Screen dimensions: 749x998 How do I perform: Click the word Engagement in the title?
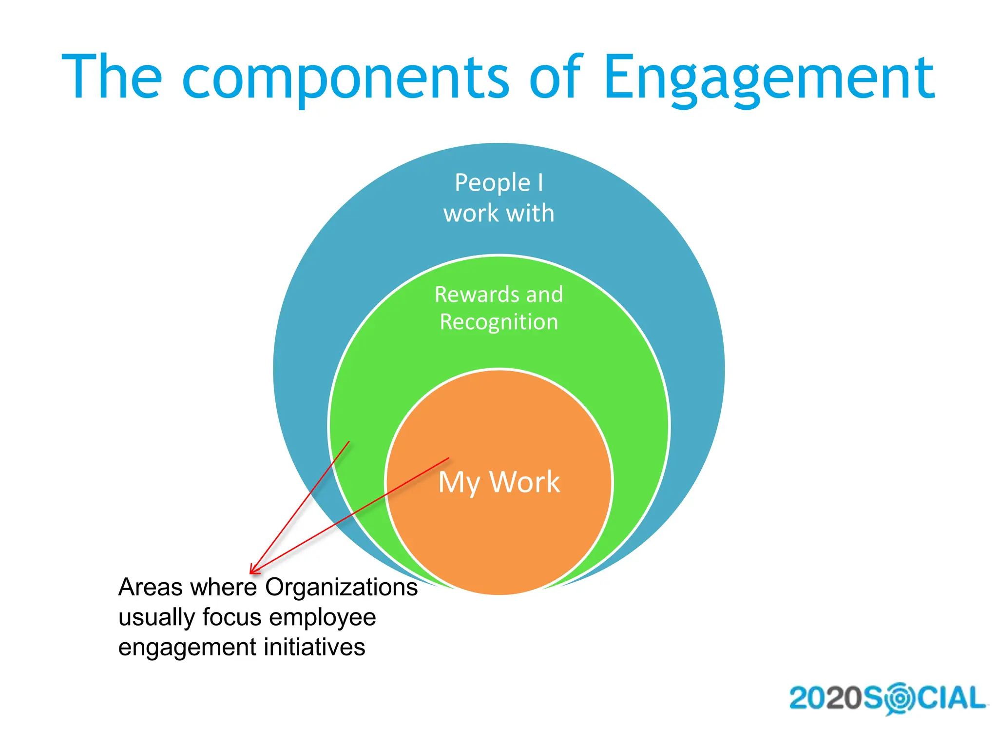(x=769, y=78)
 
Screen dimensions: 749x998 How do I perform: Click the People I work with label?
(x=499, y=197)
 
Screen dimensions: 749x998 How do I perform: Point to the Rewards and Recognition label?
(x=499, y=308)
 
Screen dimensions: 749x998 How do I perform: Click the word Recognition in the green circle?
(x=499, y=322)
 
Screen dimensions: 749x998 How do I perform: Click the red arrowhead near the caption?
(x=253, y=570)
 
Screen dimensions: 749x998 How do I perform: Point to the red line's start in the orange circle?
(x=448, y=458)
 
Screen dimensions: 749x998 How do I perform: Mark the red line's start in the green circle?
(x=349, y=442)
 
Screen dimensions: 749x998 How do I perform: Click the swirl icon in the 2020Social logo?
(x=900, y=698)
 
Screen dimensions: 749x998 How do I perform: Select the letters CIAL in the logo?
(x=952, y=698)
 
